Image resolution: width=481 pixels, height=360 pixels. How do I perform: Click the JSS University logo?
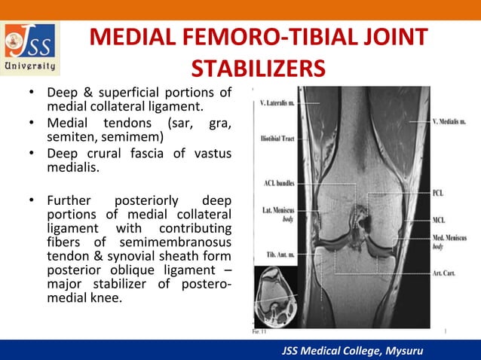coord(31,48)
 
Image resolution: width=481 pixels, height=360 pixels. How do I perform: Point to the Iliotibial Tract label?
coord(277,139)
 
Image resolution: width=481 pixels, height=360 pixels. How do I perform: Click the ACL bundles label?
coord(277,183)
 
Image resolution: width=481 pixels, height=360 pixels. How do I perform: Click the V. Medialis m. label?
coord(448,121)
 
